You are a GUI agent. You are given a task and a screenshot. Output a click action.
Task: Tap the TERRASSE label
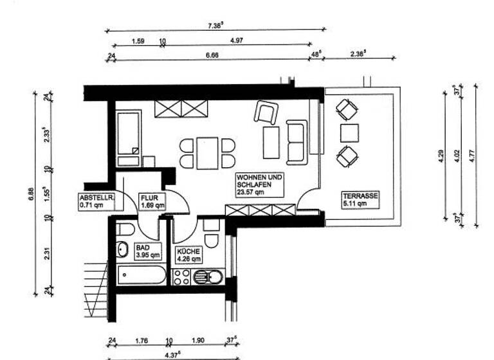pyautogui.click(x=360, y=196)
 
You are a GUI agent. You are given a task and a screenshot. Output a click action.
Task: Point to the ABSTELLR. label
pyautogui.click(x=96, y=197)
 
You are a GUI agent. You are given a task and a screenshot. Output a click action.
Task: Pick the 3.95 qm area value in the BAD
pyautogui.click(x=145, y=255)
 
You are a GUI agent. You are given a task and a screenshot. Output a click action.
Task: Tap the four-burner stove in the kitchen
pyautogui.click(x=181, y=277)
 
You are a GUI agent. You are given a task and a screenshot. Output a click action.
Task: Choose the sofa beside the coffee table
pyautogui.click(x=296, y=141)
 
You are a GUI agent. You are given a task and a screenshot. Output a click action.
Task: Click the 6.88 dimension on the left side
pyautogui.click(x=30, y=195)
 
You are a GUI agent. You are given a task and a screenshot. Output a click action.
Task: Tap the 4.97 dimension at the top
pyautogui.click(x=236, y=41)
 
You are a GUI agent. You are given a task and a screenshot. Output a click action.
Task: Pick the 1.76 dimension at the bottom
pyautogui.click(x=141, y=342)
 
